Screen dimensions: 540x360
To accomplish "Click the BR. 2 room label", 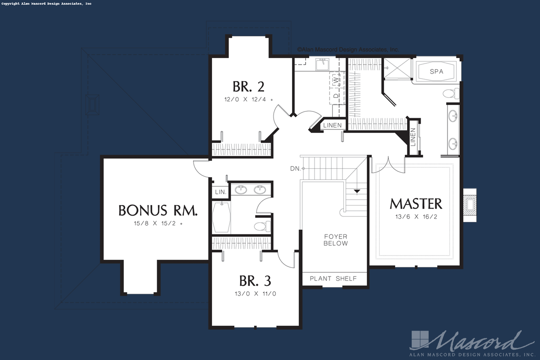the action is (249, 87).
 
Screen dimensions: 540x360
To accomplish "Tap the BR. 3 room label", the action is (255, 281).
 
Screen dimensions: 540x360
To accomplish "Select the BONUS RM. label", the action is (158, 210).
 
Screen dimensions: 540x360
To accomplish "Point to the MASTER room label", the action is (416, 204).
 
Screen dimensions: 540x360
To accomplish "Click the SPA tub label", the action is (437, 71).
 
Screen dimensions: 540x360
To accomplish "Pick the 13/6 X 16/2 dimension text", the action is (416, 217).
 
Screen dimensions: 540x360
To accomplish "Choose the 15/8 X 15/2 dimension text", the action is (158, 224).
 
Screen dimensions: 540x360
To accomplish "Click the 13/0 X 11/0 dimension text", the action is (255, 294).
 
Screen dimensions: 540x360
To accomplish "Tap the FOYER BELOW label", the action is (336, 240).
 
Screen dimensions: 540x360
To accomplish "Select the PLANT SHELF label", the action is (333, 279).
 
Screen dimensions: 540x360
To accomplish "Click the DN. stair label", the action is (296, 169).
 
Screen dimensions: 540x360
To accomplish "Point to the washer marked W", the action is (336, 80).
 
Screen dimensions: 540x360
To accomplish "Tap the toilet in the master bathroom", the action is (451, 94).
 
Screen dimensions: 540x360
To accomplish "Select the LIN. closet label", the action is (221, 192).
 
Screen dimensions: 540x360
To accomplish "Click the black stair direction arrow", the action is (357, 191).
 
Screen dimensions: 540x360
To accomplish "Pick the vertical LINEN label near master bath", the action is (413, 137).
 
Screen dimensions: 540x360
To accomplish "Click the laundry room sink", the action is (323, 64).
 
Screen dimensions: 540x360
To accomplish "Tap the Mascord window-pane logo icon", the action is (420, 339).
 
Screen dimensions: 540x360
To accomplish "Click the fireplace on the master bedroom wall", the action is (470, 205).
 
